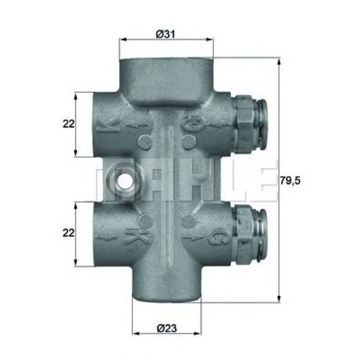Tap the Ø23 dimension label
point(167,328)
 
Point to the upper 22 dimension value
point(69,124)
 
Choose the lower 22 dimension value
point(69,233)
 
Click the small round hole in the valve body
point(125,181)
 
